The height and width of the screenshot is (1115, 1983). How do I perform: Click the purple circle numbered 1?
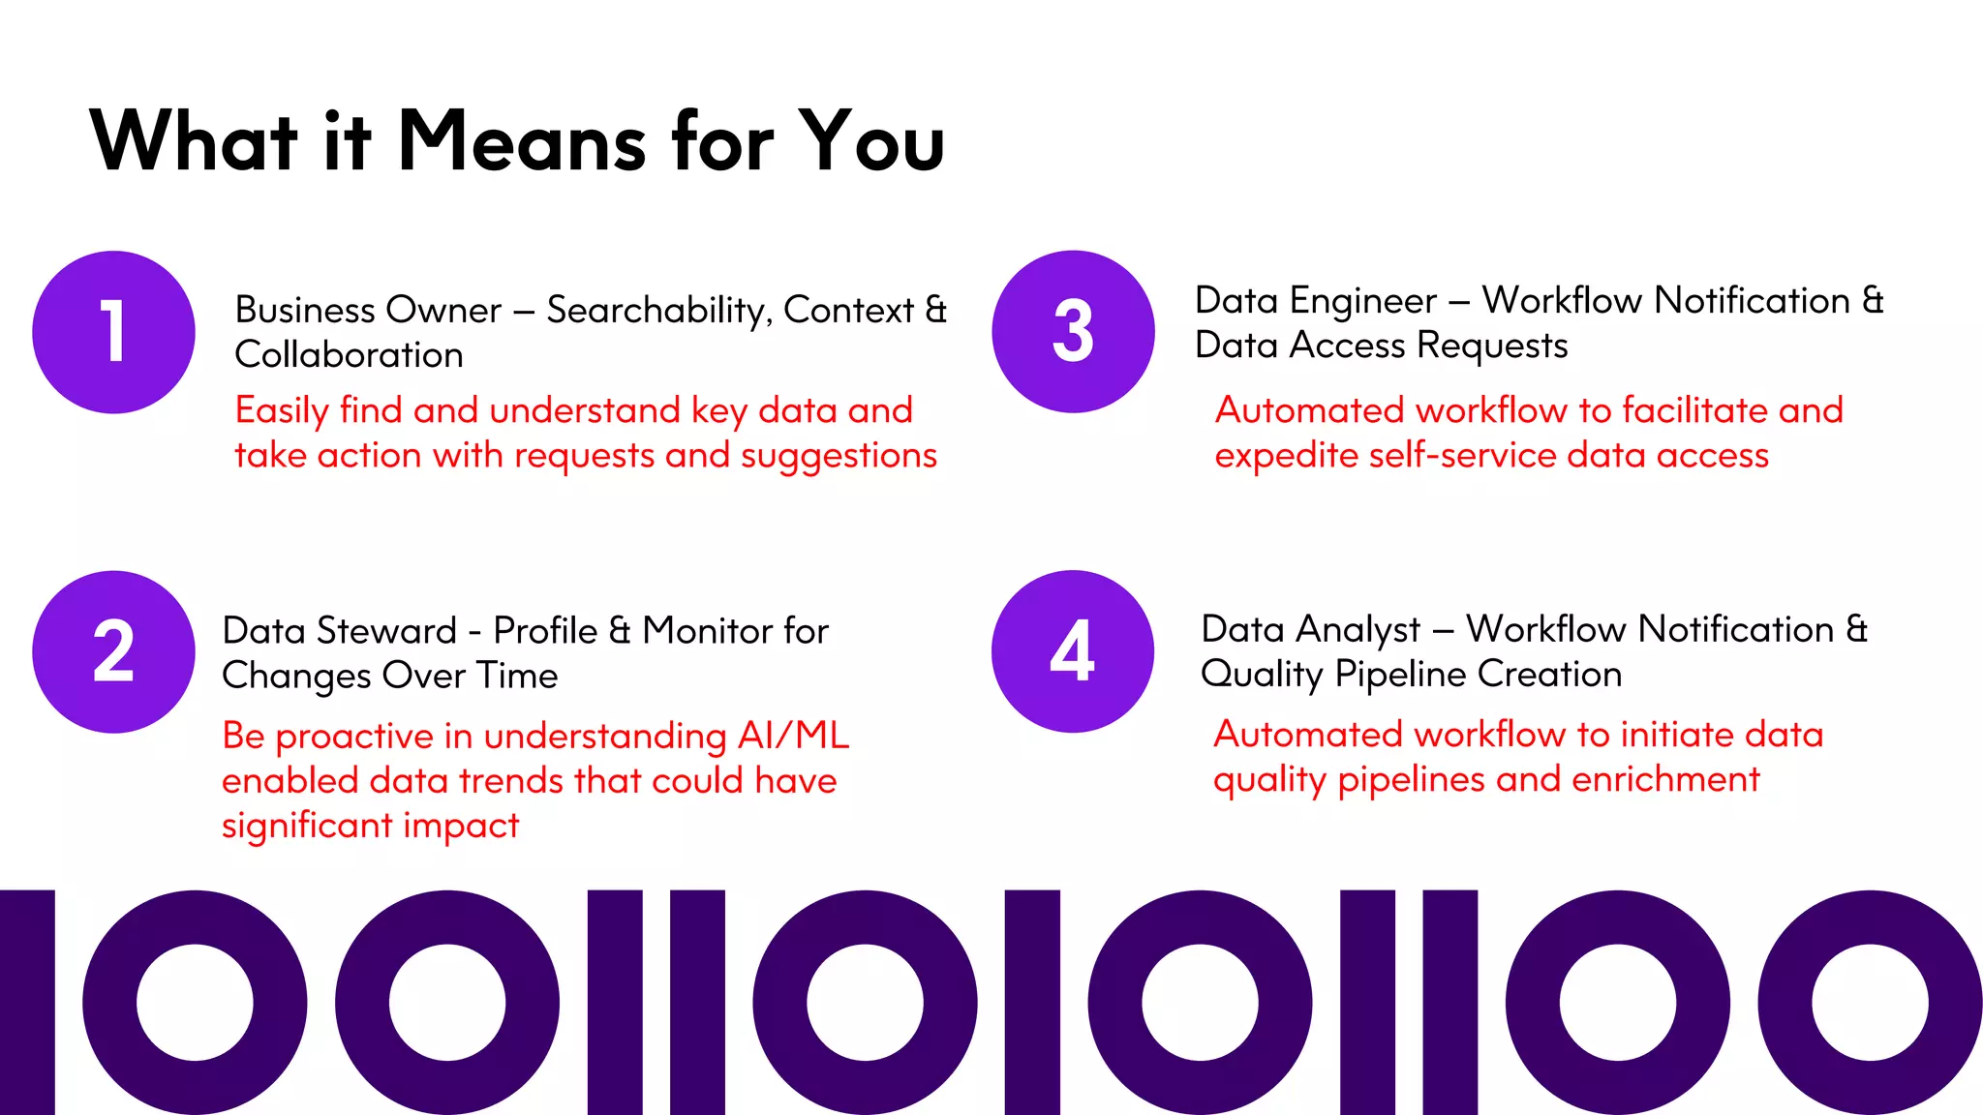point(113,332)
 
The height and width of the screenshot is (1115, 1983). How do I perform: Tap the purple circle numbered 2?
point(113,651)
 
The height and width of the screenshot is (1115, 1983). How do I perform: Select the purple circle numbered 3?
point(1073,331)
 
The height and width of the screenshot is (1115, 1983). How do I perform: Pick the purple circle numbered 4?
point(1073,650)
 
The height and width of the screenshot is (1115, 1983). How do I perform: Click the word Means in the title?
point(522,141)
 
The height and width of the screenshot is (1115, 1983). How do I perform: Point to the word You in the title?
point(871,141)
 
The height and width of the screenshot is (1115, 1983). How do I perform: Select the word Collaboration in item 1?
point(349,355)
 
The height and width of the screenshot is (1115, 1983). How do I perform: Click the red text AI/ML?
point(793,736)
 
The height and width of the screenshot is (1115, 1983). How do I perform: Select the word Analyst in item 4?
point(1360,630)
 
